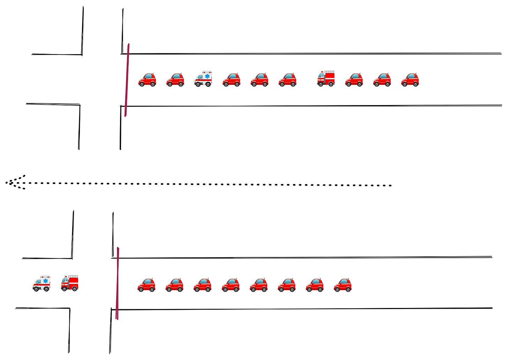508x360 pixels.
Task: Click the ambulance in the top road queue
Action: [x=203, y=79]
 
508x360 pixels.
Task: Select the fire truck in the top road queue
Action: [x=326, y=78]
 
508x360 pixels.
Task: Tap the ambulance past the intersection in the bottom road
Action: [x=42, y=283]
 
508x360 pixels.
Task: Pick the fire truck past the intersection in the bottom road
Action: [x=70, y=283]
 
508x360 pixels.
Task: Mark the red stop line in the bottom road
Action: [x=118, y=284]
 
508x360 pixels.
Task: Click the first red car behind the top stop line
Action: [x=147, y=80]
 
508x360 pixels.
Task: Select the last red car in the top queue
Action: [x=410, y=80]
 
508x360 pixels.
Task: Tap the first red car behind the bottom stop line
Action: [x=147, y=285]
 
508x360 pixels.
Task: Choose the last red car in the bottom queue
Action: [x=343, y=285]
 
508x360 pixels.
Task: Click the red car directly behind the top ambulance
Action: [x=231, y=80]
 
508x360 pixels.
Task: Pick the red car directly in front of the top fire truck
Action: [x=287, y=80]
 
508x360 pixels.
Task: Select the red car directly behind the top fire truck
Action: [x=354, y=80]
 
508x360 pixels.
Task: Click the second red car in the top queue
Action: [x=175, y=80]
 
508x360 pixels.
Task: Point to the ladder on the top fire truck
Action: [x=330, y=72]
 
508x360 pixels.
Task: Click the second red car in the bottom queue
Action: [x=174, y=285]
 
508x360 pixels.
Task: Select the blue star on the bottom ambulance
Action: [x=46, y=280]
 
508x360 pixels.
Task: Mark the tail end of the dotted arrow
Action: [x=390, y=185]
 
